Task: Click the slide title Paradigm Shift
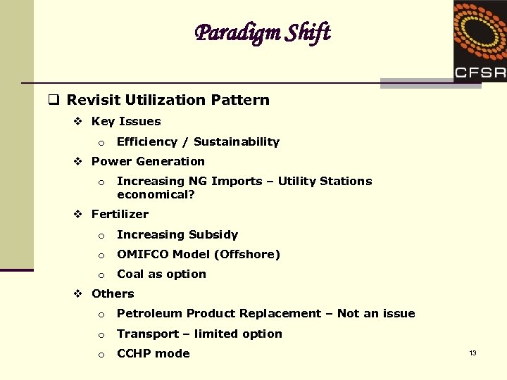(262, 32)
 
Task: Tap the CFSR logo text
(480, 72)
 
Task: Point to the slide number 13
(472, 353)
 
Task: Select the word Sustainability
(237, 141)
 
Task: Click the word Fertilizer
(120, 214)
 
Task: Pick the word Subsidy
(214, 234)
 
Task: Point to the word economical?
(156, 194)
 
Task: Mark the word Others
(113, 293)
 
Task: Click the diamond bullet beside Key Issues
(79, 121)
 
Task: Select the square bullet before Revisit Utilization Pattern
(53, 100)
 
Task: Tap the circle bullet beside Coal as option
(101, 274)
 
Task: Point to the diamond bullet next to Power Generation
(79, 161)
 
